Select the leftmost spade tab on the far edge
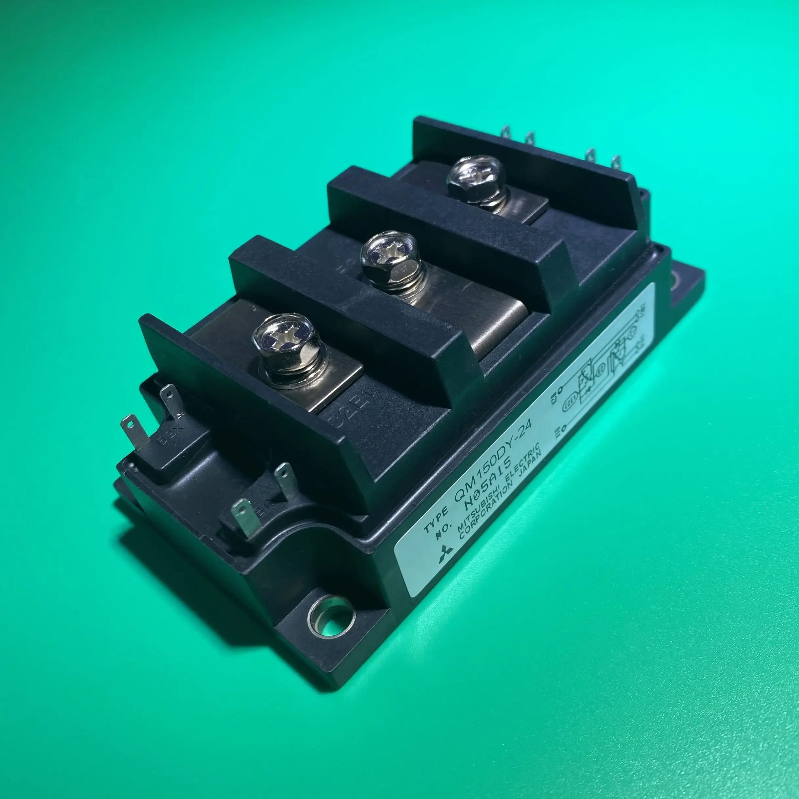505,135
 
